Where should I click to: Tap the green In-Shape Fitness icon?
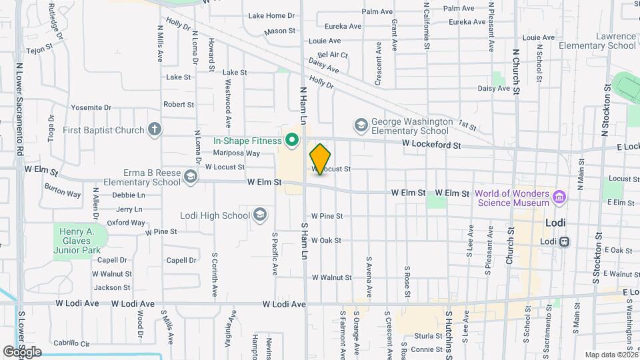pyautogui.click(x=291, y=140)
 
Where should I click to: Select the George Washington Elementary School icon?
pyautogui.click(x=361, y=125)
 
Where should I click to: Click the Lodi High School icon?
pyautogui.click(x=259, y=215)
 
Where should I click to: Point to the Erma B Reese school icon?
pyautogui.click(x=191, y=177)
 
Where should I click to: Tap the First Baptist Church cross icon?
pyautogui.click(x=155, y=129)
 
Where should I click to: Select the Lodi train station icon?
pyautogui.click(x=564, y=241)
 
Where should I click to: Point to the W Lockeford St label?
pyautogui.click(x=431, y=145)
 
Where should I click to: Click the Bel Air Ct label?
pyautogui.click(x=333, y=55)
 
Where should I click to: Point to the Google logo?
pyautogui.click(x=22, y=352)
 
